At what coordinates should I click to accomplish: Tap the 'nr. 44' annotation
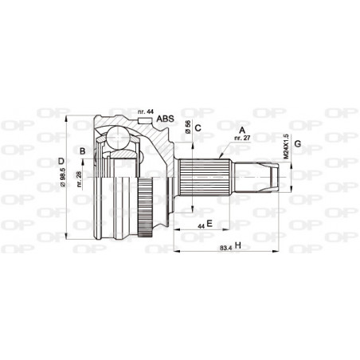pyautogui.click(x=145, y=111)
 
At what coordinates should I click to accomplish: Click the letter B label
pyautogui.click(x=82, y=151)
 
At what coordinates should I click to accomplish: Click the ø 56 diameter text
pyautogui.click(x=188, y=127)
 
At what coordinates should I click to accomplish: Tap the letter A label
pyautogui.click(x=241, y=127)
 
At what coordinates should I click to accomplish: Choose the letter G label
pyautogui.click(x=297, y=143)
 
